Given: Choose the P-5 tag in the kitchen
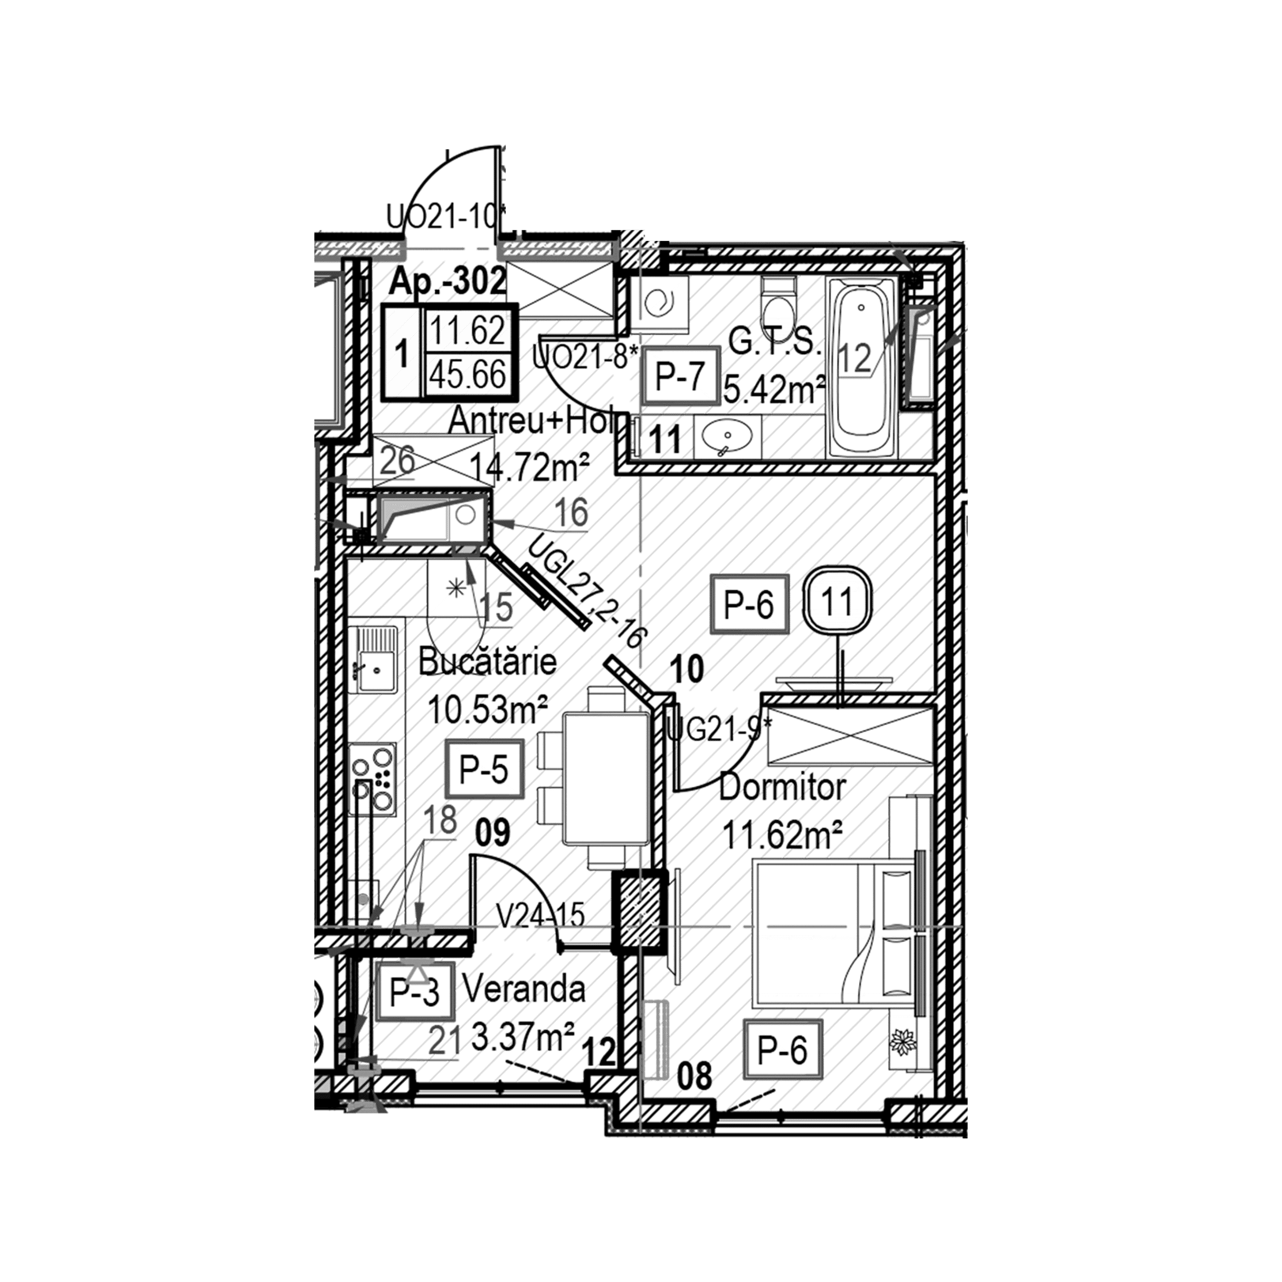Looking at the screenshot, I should click(x=485, y=770).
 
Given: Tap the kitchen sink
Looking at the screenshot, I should click(x=372, y=660).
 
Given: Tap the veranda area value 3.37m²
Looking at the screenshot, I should click(x=522, y=1037).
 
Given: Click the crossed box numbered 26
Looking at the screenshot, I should click(x=433, y=459).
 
